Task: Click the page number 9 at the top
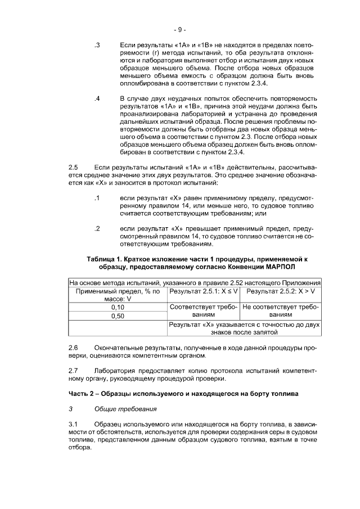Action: tap(180, 29)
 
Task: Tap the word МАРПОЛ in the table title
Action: tap(280, 267)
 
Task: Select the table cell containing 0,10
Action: tap(118, 308)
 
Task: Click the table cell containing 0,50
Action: tap(118, 316)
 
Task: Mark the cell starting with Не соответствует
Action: tap(280, 312)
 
